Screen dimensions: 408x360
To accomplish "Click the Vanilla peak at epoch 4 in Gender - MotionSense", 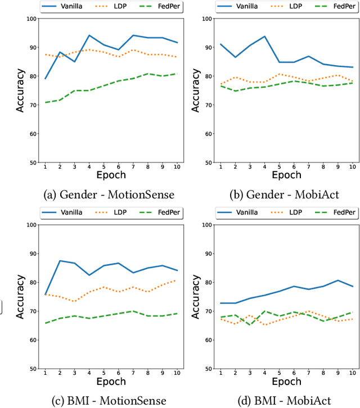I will point(89,35).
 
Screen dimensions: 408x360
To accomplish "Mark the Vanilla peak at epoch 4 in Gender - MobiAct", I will point(264,37).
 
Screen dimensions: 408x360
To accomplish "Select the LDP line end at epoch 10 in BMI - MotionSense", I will point(177,280).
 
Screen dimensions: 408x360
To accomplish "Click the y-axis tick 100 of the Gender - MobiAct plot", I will point(207,19).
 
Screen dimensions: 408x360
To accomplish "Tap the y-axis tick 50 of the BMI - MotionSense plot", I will point(33,369).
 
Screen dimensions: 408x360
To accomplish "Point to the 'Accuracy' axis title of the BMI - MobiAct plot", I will point(196,297).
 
